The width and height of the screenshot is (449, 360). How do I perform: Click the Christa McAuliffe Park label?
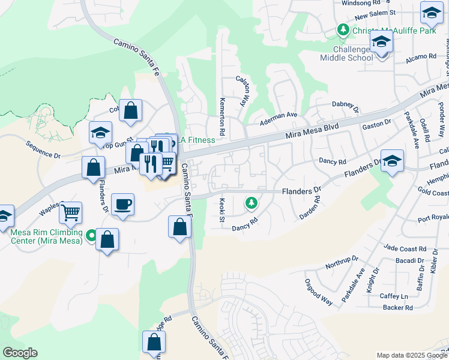[x=394, y=31]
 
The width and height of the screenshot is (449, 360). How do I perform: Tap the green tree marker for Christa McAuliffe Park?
[x=343, y=30]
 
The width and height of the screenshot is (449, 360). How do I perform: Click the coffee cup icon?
[x=122, y=205]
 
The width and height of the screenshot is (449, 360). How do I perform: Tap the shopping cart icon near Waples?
[x=71, y=211]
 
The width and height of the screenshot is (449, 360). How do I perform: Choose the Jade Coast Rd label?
[x=405, y=248]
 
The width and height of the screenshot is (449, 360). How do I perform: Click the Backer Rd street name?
[x=397, y=308]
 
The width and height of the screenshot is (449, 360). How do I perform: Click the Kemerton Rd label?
[x=222, y=112]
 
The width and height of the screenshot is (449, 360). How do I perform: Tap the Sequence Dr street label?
[x=43, y=150]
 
